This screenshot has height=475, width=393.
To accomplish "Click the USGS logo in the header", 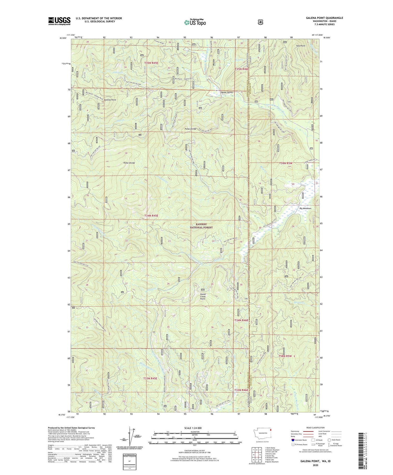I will point(59,21).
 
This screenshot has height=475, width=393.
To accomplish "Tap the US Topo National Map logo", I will point(195,22).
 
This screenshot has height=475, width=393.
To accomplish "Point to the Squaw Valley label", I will point(226,92).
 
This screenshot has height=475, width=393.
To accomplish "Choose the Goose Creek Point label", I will point(203,296).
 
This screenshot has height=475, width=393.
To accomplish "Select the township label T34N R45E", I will point(151,216).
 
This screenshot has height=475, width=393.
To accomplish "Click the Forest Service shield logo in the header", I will point(260,22).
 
